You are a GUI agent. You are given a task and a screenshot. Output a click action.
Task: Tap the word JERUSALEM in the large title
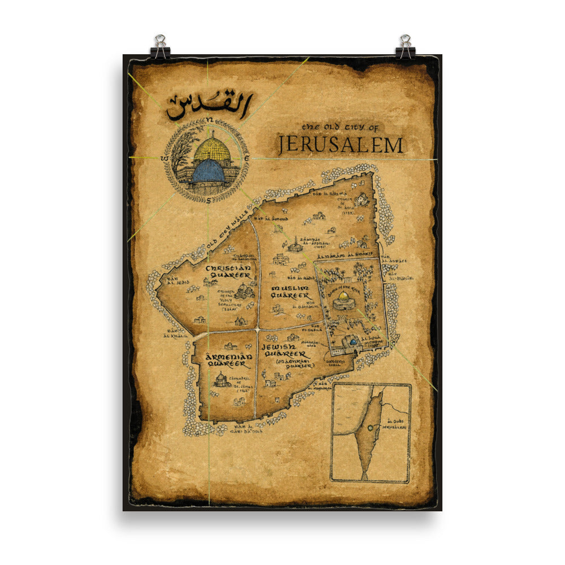tap(340, 145)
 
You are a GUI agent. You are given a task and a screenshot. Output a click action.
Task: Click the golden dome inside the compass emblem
tap(212, 149)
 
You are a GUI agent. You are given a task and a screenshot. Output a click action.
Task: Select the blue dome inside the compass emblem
tap(208, 171)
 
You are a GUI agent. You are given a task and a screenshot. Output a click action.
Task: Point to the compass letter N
tap(208, 120)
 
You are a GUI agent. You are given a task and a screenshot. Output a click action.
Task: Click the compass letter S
tap(208, 199)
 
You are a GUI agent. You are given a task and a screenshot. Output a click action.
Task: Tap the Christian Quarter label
tap(228, 271)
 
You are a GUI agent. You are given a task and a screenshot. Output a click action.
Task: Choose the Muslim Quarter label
tap(290, 292)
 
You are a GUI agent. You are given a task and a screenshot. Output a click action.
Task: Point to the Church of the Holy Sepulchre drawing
tap(244, 290)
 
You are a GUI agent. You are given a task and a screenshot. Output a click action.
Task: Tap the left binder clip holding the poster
tap(160, 47)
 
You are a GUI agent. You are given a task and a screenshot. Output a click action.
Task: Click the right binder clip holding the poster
tap(405, 47)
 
